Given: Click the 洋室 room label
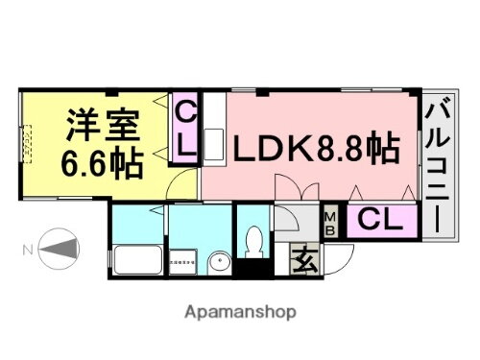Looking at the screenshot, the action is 103,125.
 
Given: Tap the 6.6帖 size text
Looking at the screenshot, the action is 103,160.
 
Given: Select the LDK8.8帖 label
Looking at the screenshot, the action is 312,150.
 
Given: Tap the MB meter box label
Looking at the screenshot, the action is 329,222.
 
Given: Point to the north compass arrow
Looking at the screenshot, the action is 58,252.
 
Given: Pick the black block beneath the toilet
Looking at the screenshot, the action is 254,270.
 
